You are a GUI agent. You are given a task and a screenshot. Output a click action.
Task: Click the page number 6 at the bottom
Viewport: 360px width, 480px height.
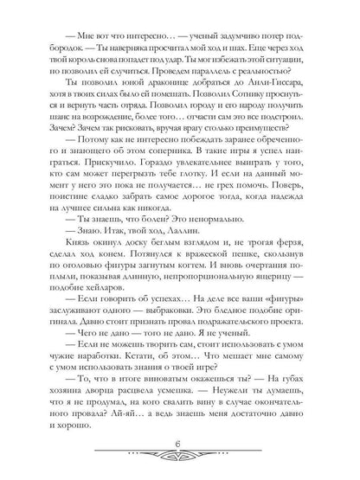tap(180, 447)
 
